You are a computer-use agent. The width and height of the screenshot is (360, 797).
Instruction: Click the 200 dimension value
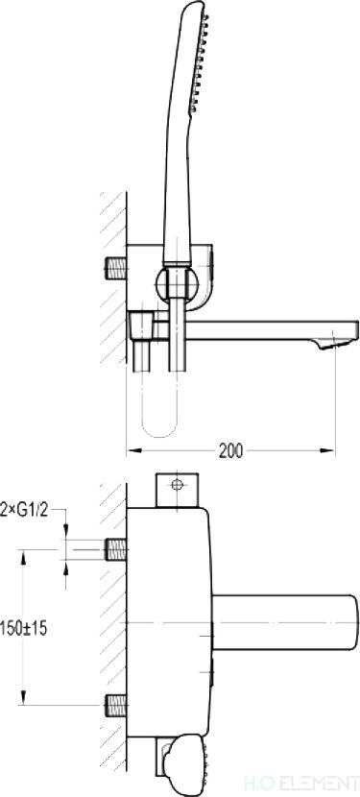point(230,451)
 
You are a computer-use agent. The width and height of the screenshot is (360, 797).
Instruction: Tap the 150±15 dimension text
point(23,628)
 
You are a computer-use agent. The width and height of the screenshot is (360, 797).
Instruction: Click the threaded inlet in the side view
point(116,268)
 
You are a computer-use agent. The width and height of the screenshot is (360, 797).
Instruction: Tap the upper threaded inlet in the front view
point(116,549)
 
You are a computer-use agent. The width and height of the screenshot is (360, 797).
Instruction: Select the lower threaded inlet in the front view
point(116,706)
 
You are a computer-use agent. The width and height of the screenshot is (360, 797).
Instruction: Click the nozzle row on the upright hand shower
point(200,63)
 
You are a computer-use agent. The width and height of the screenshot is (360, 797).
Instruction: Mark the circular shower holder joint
point(177,283)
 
